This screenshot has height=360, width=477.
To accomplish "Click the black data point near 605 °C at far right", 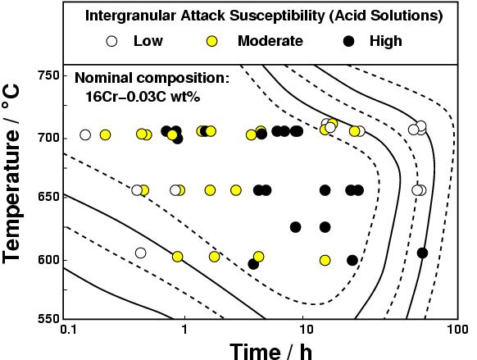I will pyautogui.click(x=422, y=253).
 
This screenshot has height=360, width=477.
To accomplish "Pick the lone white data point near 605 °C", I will pyautogui.click(x=140, y=253).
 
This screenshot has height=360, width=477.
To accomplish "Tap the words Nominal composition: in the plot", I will pyautogui.click(x=151, y=80).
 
